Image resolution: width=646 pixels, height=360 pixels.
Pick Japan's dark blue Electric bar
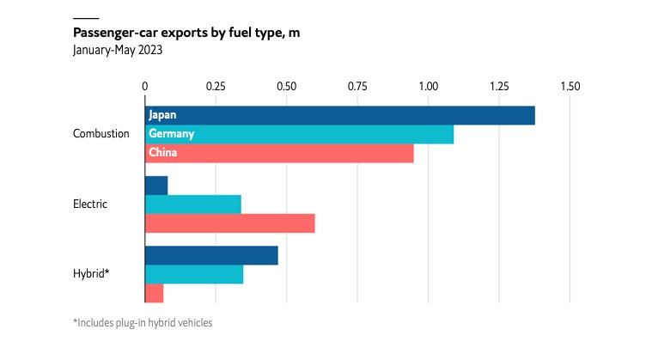point(156,186)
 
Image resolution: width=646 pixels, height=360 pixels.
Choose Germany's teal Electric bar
point(193,204)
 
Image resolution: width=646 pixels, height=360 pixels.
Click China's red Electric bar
point(230,223)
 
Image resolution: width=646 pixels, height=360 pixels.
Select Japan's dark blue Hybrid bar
point(211,256)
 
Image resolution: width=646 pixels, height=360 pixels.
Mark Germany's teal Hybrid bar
point(194,275)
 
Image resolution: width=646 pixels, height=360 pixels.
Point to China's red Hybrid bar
point(155,294)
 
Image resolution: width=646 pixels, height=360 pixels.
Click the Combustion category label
point(101,134)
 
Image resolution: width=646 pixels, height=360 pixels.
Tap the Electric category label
point(90,204)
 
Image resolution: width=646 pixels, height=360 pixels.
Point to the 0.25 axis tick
point(216,87)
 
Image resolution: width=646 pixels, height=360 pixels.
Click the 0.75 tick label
point(357,87)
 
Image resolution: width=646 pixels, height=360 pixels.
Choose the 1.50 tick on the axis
point(570,87)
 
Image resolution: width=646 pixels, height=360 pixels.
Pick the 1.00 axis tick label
point(428,87)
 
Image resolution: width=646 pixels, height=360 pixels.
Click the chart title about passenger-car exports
point(186,34)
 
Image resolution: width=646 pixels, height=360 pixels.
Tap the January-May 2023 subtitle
point(118,50)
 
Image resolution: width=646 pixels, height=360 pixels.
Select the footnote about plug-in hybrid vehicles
point(143,323)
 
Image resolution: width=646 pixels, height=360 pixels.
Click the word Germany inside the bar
point(171,134)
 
